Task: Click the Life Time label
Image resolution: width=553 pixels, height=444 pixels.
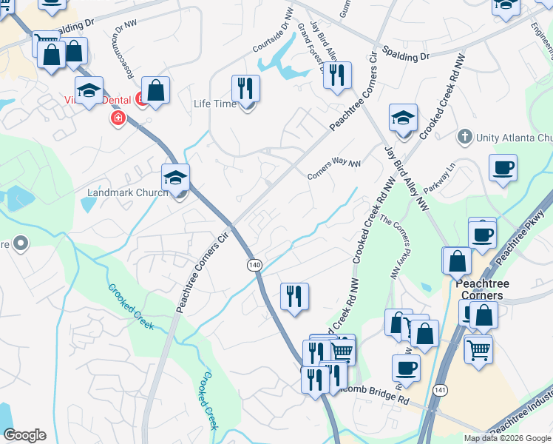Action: point(214,104)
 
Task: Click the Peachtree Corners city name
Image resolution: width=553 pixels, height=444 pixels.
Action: point(480,289)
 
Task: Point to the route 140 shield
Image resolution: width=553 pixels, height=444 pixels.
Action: point(255,264)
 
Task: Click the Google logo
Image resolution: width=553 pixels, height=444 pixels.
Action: point(24,435)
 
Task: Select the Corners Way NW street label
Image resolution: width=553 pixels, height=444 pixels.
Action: point(334,170)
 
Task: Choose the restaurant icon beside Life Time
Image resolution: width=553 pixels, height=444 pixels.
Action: point(245,88)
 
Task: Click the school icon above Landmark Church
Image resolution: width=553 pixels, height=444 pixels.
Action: point(176,177)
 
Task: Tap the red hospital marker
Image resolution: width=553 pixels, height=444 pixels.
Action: point(118,118)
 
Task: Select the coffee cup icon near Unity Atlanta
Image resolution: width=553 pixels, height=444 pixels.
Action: point(503,167)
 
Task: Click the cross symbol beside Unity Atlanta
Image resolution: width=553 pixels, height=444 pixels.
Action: point(464,137)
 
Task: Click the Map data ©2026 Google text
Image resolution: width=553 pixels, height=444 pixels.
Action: point(507,438)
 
